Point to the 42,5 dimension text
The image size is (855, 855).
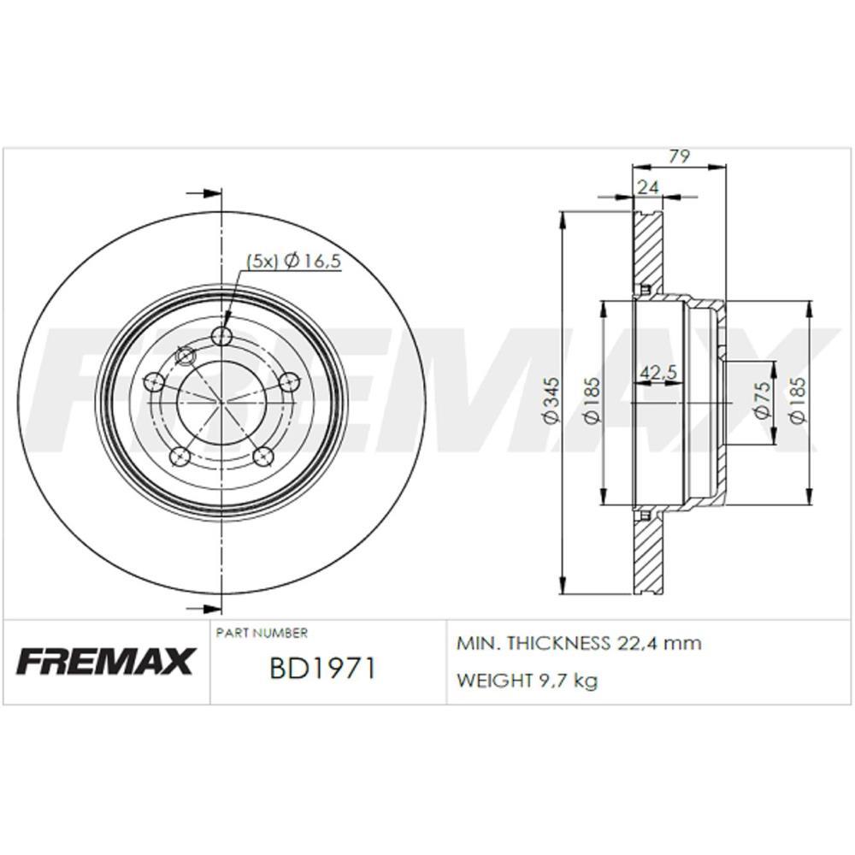pyautogui.click(x=658, y=372)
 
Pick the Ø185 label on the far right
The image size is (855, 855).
pyautogui.click(x=797, y=399)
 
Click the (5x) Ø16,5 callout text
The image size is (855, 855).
pyautogui.click(x=294, y=262)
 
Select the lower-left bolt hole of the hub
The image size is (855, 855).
pyautogui.click(x=180, y=456)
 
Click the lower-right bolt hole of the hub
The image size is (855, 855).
pyautogui.click(x=264, y=456)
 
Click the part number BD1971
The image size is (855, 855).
pyautogui.click(x=322, y=668)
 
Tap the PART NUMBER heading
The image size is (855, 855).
pyautogui.click(x=262, y=634)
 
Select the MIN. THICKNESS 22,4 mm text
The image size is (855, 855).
pyautogui.click(x=579, y=643)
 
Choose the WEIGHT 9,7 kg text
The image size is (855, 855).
pyautogui.click(x=527, y=681)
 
